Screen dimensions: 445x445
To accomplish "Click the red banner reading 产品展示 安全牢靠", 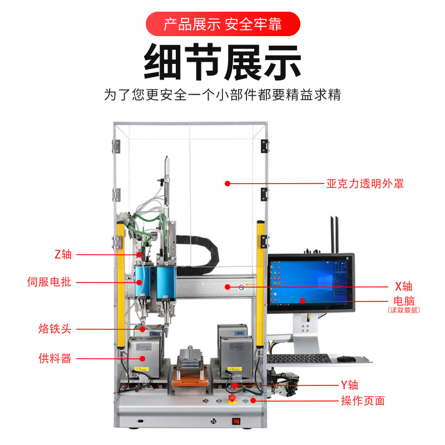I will (222, 24).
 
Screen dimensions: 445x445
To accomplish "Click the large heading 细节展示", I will (222, 61).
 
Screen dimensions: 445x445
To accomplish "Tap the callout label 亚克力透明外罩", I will (365, 184).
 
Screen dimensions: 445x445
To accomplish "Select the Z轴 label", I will (63, 255).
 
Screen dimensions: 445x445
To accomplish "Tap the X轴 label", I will (403, 286).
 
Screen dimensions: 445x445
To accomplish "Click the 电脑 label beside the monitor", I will (404, 301).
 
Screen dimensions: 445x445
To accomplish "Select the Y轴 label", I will (349, 385).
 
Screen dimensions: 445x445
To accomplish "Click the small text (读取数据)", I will (404, 310).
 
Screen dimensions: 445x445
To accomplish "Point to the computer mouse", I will (347, 359).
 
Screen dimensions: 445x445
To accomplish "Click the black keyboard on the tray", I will (298, 359).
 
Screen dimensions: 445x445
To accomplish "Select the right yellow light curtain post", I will (260, 278).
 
